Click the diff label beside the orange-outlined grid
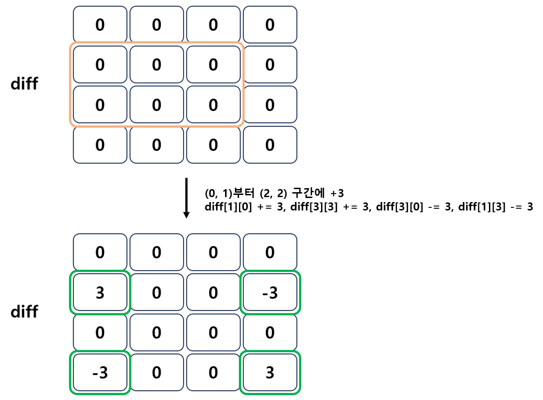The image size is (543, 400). pos(24,84)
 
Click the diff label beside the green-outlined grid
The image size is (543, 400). pos(24,312)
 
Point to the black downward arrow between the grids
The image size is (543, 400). pos(187,198)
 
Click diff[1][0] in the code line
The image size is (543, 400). pos(226,207)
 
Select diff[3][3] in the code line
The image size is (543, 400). pos(305,207)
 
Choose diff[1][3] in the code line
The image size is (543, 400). pos(463,207)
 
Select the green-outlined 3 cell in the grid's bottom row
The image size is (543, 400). pos(270,373)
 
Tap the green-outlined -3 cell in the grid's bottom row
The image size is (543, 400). pos(100,373)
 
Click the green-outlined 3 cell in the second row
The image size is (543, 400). pos(100,293)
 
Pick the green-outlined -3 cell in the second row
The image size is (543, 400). pos(270,293)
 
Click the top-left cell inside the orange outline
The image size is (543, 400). pos(100,65)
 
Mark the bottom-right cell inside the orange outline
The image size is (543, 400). pos(213,105)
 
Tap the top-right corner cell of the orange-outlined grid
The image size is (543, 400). pos(270,25)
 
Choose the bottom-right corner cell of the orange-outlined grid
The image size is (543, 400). pos(270,145)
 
